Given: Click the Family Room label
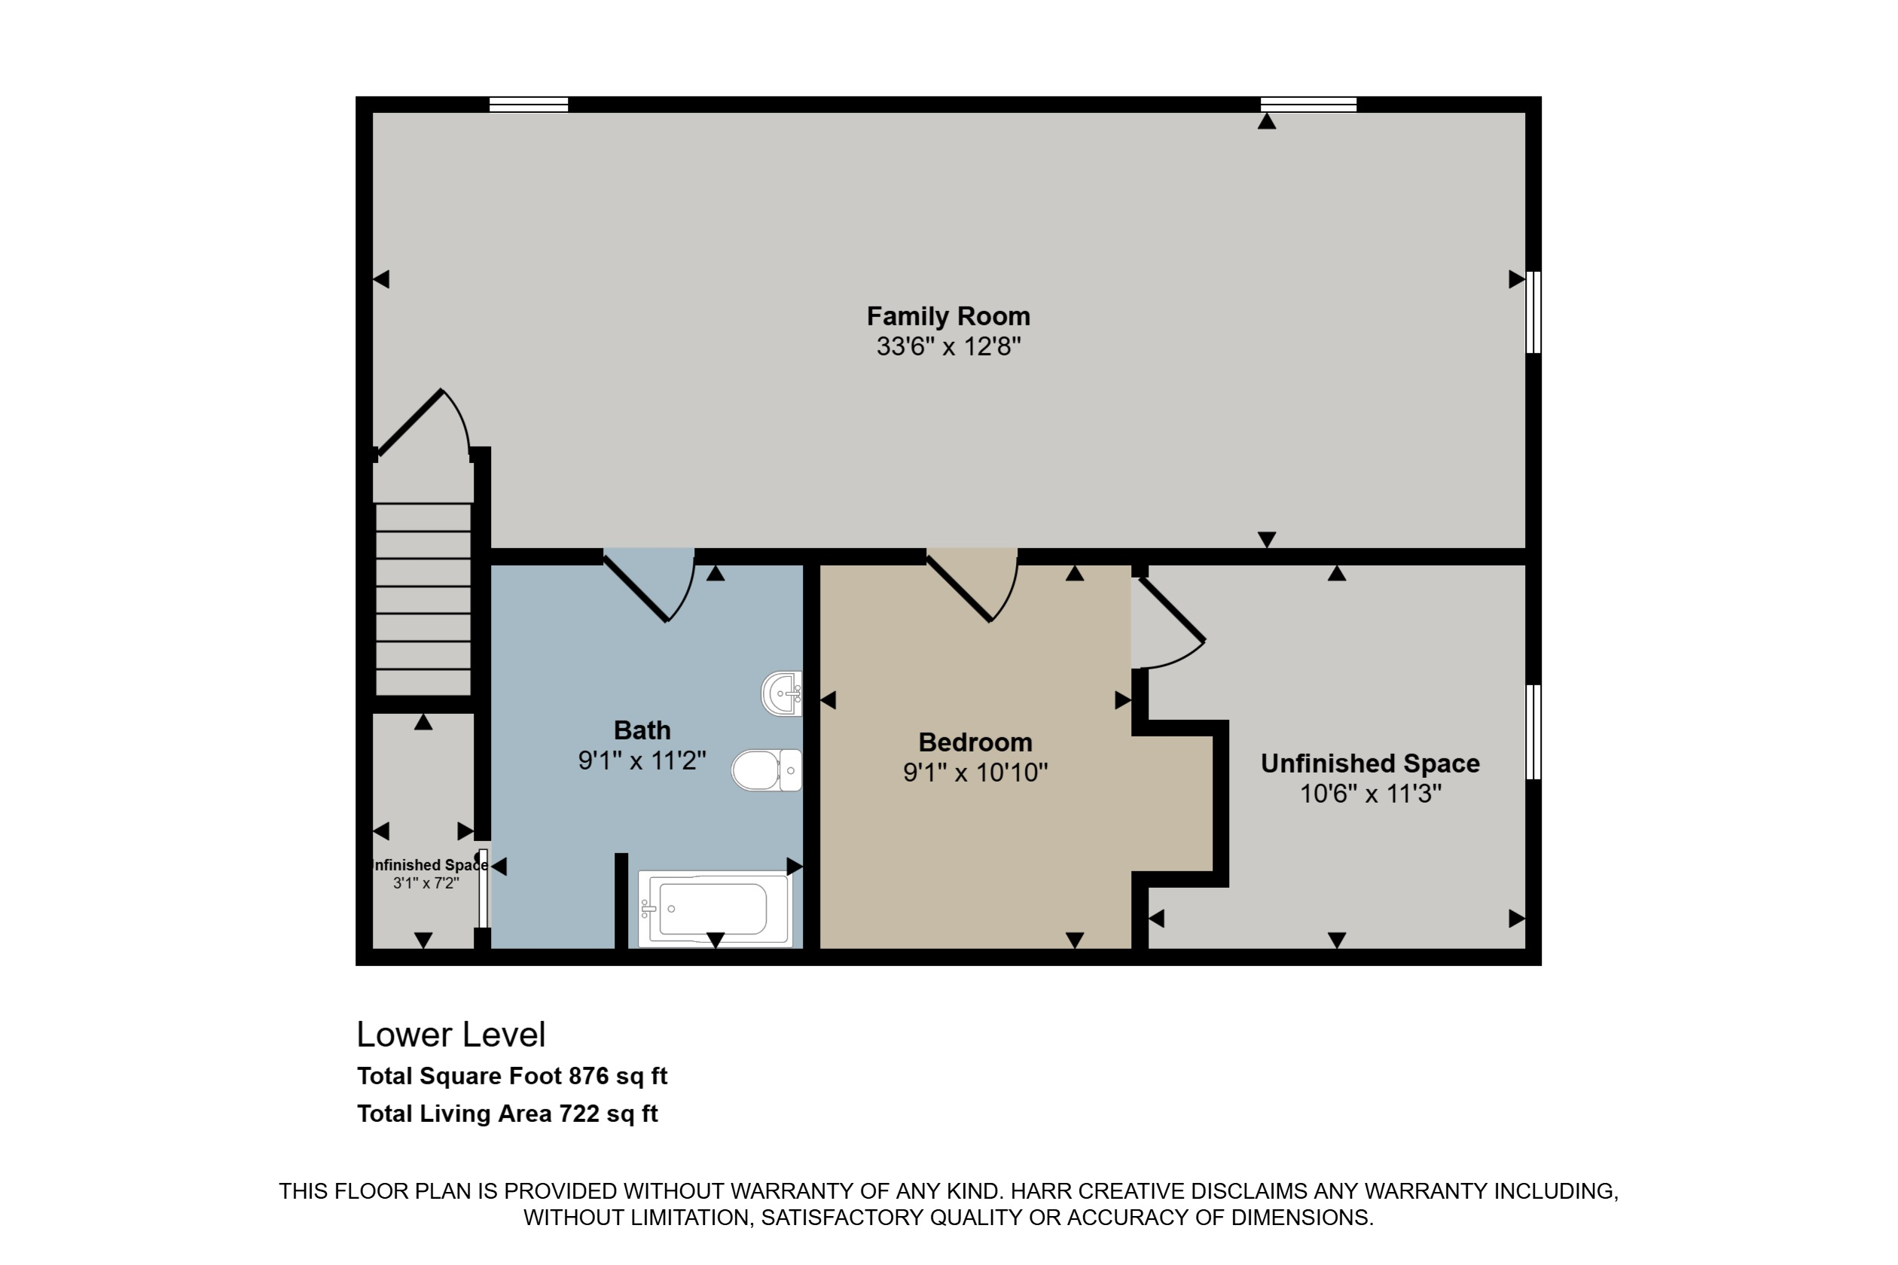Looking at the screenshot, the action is point(948,316).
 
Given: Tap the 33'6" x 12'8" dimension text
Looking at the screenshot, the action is point(948,347).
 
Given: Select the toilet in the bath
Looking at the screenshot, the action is point(767,770).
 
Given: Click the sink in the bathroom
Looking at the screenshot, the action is point(782,693).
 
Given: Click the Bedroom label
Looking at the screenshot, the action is point(975,742).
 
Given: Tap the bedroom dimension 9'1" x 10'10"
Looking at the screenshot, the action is point(975,773).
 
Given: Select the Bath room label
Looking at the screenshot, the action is point(642,730).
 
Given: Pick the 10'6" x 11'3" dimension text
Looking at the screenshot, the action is point(1370,794).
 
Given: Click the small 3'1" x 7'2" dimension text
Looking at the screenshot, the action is point(426,883).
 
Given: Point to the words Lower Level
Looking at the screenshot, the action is point(451,1035).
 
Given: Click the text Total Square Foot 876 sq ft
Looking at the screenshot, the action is point(512,1076).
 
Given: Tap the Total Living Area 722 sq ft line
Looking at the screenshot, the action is point(508,1114).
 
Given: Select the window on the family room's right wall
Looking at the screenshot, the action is point(1533,312).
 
